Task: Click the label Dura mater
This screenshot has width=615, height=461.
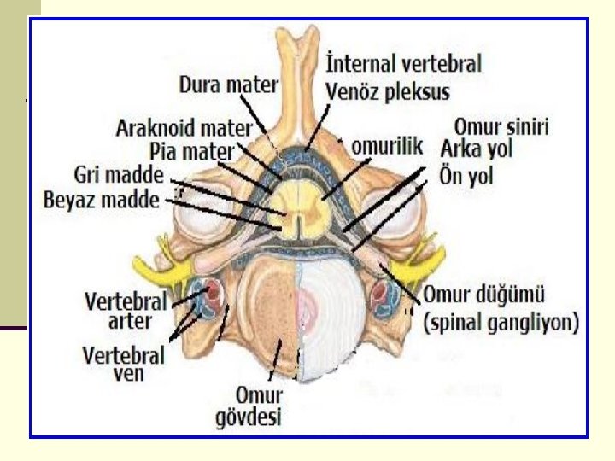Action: click(x=228, y=85)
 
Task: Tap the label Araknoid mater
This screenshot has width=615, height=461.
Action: click(x=184, y=129)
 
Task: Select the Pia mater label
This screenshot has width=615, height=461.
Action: click(x=190, y=150)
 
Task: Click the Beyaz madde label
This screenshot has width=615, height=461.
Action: click(x=102, y=201)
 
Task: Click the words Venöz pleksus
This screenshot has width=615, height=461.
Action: click(x=388, y=89)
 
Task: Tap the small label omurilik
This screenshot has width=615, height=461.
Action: click(x=388, y=147)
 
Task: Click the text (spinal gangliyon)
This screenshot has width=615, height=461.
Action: click(x=501, y=323)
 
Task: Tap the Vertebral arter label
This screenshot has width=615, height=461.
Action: click(x=124, y=311)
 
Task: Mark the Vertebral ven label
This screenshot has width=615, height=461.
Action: click(x=124, y=362)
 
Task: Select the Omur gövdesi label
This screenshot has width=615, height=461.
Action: click(x=260, y=406)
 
